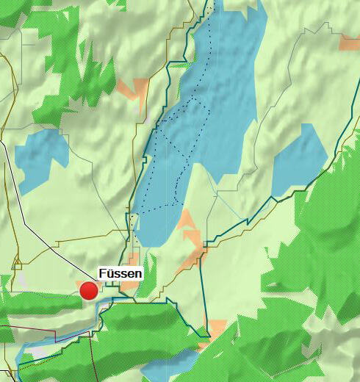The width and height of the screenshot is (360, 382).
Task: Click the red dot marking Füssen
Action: (89, 291)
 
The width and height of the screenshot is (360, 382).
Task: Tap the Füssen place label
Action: (120, 273)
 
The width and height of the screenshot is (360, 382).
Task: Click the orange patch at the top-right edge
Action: (349, 43)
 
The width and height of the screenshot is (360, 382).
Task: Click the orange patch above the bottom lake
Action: (217, 327)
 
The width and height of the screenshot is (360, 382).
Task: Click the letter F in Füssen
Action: (102, 273)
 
